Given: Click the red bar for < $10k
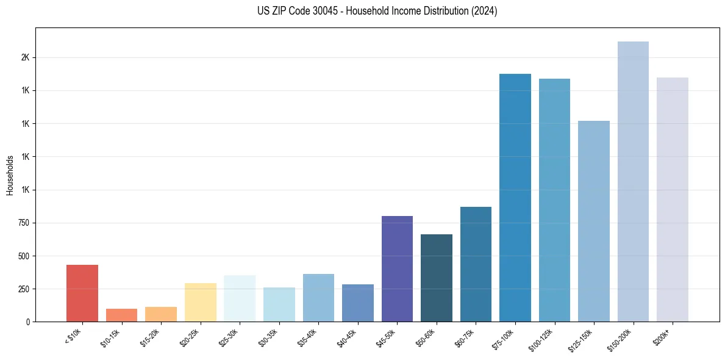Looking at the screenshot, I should [x=82, y=293].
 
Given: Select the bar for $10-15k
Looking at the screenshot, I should [x=121, y=315].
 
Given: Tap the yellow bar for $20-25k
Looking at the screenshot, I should [x=200, y=302].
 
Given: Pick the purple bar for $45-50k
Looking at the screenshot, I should [x=397, y=268].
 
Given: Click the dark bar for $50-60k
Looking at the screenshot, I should [x=437, y=278].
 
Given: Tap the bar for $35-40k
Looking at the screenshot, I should [x=318, y=298].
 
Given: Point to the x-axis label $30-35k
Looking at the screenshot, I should [x=270, y=336].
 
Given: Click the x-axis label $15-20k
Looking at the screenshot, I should [x=152, y=336].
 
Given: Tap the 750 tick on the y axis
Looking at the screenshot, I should [x=24, y=223].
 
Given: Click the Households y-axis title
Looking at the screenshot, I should [x=10, y=175].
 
